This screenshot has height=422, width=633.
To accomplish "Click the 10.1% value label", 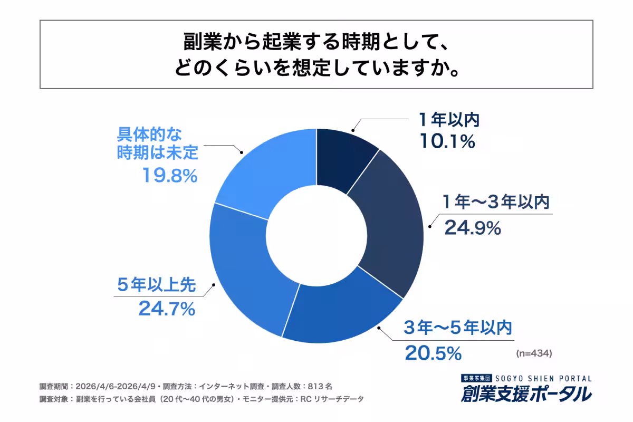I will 447,141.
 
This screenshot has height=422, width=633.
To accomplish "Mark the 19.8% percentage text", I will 169,175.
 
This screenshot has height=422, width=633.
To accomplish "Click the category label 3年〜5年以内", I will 458,329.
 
